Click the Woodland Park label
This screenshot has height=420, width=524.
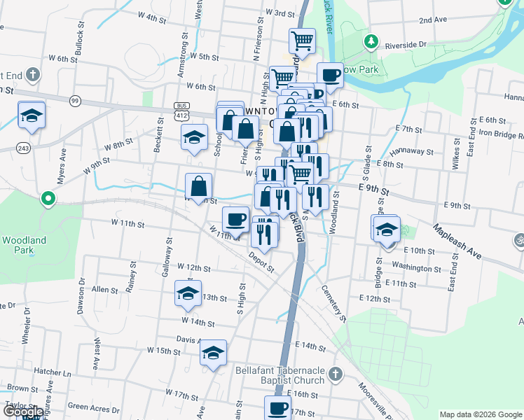pyautogui.click(x=24, y=245)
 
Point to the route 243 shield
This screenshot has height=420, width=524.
pyautogui.click(x=23, y=147)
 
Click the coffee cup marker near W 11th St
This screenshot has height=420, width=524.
pyautogui.click(x=235, y=219)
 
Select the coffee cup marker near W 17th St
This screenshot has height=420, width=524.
pyautogui.click(x=277, y=407)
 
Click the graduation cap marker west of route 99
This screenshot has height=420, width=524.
pyautogui.click(x=32, y=115)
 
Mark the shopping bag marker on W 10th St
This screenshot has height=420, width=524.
pyautogui.click(x=199, y=186)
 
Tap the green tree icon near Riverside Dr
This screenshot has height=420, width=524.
pyautogui.click(x=371, y=41)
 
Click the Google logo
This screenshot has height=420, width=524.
pyautogui.click(x=23, y=412)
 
